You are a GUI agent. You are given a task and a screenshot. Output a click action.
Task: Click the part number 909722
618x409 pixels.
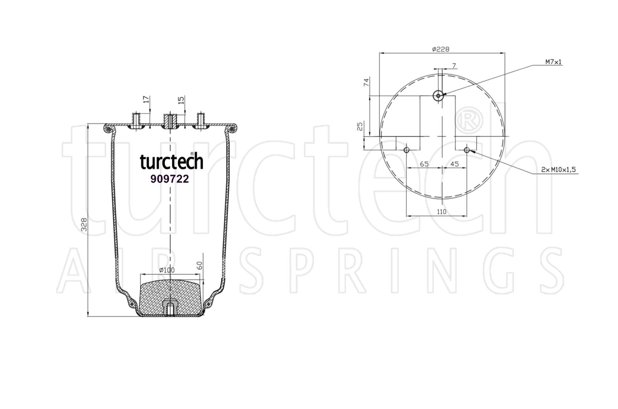click(x=170, y=179)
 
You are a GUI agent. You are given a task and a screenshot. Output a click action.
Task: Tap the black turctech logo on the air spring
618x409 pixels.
click(x=171, y=161)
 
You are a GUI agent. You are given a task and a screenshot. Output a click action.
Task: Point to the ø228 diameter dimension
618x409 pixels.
click(x=441, y=49)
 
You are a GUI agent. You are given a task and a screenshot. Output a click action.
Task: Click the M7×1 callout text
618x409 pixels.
click(x=553, y=62)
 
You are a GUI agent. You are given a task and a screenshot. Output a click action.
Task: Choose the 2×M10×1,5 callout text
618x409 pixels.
click(x=559, y=170)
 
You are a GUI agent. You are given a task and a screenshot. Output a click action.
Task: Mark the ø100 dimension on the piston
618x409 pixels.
click(x=167, y=270)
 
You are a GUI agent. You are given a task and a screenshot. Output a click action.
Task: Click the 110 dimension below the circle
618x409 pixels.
click(x=441, y=212)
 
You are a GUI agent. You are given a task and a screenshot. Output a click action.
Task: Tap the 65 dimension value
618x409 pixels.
click(x=424, y=164)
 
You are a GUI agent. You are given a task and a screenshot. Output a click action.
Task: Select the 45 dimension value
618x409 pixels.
click(x=454, y=164)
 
